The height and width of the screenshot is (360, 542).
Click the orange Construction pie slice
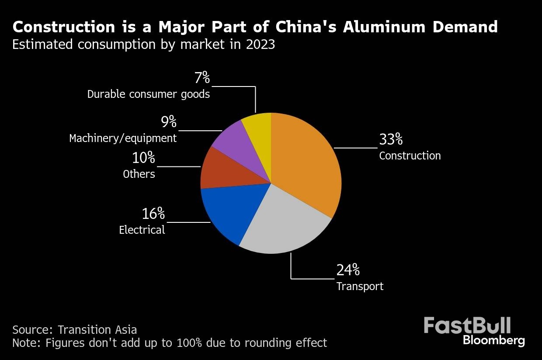coord(306,162)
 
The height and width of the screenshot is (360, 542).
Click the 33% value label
coord(391,139)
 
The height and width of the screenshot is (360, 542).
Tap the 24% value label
coord(348,270)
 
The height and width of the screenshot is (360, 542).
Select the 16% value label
coord(153,214)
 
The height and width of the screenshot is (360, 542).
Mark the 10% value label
coord(143,157)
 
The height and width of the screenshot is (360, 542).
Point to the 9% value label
coord(169,122)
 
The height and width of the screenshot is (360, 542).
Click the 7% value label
coord(202,78)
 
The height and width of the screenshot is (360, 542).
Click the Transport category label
coord(360,286)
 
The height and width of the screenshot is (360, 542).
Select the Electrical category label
coord(142,230)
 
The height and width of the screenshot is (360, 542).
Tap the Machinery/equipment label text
coord(123,138)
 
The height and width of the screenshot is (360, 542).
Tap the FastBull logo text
coord(467,326)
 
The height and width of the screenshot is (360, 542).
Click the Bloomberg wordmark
coord(494,340)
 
